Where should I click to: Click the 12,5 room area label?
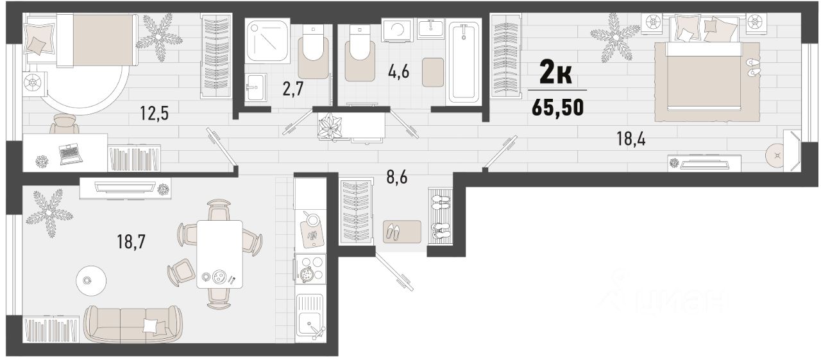coord(155,113)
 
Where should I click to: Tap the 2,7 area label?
coord(293,89)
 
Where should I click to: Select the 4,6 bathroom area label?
coord(398,71)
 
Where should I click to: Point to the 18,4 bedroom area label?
coord(631,139)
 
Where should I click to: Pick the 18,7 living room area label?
coord(131,241)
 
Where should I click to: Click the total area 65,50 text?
coord(557,108)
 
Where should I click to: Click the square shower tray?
coord(267,40)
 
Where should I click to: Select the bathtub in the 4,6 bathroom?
coord(464,62)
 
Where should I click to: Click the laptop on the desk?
coord(71,153)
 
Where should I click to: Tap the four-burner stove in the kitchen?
coord(310,270)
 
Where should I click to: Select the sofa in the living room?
coord(133,324)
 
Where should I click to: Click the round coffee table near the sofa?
coord(91,281)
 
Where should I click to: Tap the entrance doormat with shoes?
coord(402,231)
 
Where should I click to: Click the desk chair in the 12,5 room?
coord(64,124)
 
